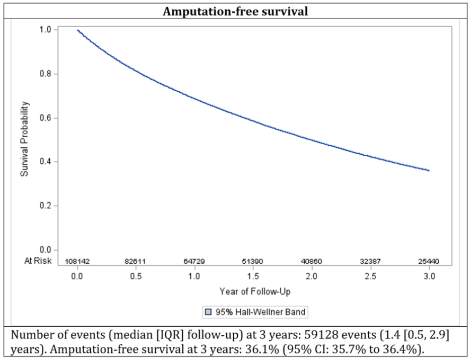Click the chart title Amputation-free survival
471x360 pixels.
click(235, 12)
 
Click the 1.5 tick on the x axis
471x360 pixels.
click(253, 276)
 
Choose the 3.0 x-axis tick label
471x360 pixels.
click(429, 276)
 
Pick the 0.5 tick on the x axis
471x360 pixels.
click(136, 276)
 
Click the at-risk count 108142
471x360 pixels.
click(77, 261)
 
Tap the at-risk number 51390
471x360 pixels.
click(252, 261)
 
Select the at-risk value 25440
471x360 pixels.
click(429, 261)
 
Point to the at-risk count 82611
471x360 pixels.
click(135, 261)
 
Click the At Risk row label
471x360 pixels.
click(38, 261)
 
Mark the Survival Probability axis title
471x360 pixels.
click(25, 139)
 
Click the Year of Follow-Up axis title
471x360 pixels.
click(255, 291)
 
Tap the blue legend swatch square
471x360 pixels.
click(208, 312)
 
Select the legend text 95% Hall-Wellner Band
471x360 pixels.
click(260, 312)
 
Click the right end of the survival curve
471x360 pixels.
click(429, 171)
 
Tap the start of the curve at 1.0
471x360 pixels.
click(78, 30)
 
